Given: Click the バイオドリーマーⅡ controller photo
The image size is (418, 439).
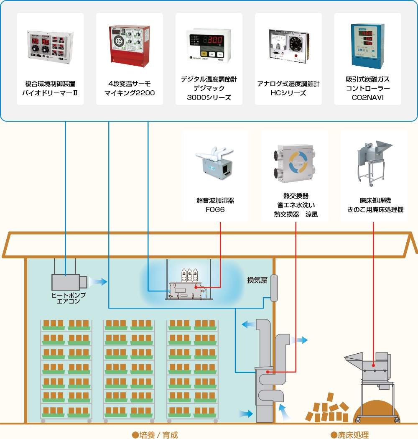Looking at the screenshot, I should coord(50,48).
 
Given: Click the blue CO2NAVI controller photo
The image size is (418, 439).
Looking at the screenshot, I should coord(367,46).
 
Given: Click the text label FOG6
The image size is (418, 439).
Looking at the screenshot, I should coord(215,209).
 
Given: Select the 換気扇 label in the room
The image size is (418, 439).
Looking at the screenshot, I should coord(257,280).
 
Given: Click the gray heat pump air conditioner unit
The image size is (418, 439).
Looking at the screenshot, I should coord(68,282).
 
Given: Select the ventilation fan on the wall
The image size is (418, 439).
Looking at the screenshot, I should coord(274,288).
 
